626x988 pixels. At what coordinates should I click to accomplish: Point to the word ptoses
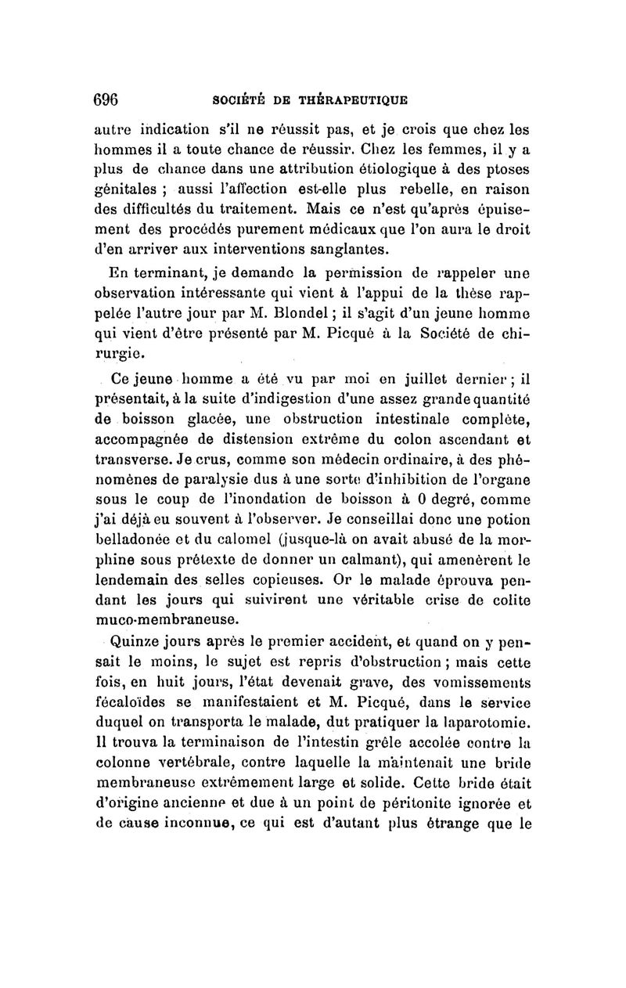click(x=509, y=169)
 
